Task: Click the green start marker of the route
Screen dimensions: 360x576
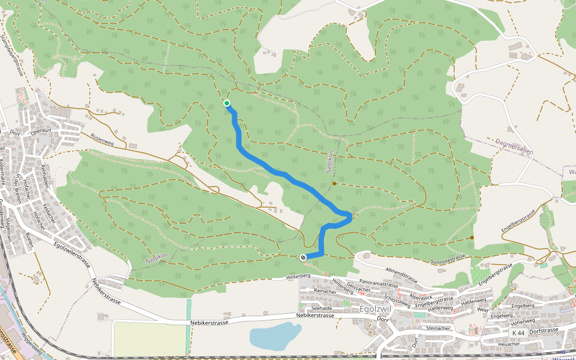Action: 227,103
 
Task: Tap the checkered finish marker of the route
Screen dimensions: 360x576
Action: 302,257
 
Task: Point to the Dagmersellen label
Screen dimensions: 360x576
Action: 515,148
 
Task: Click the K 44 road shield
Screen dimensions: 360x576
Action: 518,332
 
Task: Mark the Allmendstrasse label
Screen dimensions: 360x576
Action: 401,276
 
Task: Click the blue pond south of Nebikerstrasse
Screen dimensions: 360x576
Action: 274,337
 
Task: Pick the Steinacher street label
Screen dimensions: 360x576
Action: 437,328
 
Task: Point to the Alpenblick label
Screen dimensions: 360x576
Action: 421,297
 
